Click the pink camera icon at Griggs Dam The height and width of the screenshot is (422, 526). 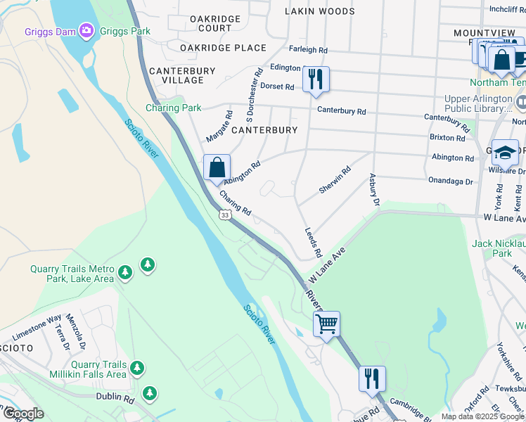tap(86, 30)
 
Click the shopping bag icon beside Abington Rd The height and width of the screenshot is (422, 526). tap(217, 168)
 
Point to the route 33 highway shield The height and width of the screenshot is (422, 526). tap(224, 215)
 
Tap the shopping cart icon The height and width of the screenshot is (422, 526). tap(326, 324)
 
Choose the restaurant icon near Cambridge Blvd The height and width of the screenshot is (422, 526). tap(371, 378)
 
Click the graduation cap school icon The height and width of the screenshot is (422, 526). tap(504, 152)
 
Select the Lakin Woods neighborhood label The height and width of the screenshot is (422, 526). tap(319, 11)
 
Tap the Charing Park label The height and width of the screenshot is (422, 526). tap(173, 108)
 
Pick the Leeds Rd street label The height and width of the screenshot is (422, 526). tap(313, 242)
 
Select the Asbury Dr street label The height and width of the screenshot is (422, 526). tap(374, 191)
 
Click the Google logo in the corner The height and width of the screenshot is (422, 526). tap(23, 414)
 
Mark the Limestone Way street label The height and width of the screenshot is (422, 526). tap(37, 328)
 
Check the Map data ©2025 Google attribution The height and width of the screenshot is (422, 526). tap(482, 416)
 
